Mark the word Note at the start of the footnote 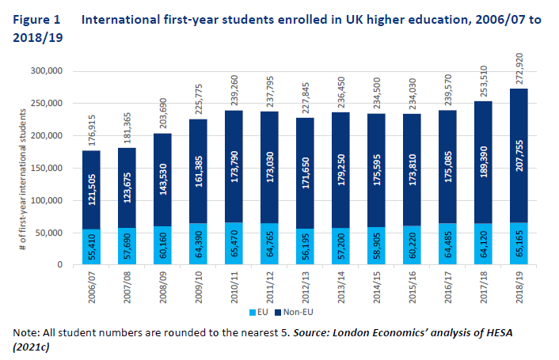(26, 332)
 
